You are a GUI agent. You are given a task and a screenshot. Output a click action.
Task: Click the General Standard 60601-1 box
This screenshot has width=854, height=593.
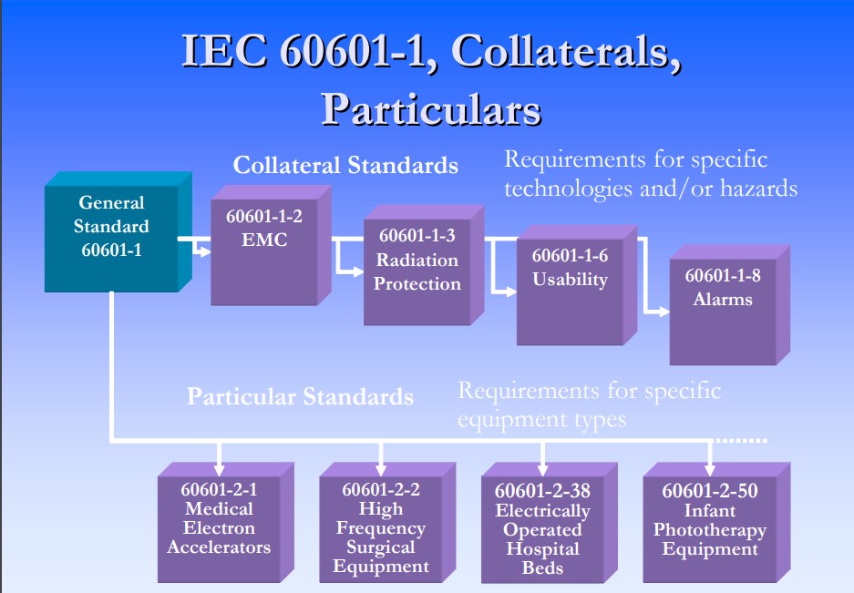click(118, 232)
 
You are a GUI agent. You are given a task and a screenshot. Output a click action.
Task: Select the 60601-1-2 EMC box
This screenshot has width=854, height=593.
click(272, 245)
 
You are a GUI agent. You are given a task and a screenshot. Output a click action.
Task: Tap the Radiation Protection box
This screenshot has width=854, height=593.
click(424, 265)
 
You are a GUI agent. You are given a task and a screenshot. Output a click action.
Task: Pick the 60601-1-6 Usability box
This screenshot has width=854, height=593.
click(577, 285)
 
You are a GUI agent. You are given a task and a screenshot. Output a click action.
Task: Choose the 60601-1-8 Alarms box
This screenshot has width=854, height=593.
click(730, 305)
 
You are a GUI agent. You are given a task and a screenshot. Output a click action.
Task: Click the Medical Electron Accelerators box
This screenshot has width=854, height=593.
click(226, 523)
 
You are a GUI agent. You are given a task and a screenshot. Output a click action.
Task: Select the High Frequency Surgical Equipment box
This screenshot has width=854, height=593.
click(387, 523)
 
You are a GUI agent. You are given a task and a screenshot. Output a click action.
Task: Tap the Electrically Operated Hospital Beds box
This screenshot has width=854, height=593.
click(550, 523)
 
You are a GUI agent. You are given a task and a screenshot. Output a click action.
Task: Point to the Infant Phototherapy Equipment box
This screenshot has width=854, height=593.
click(716, 523)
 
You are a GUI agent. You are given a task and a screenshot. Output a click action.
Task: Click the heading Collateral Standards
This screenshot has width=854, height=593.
click(345, 165)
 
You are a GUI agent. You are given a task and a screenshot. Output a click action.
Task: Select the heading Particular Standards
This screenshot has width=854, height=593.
click(300, 396)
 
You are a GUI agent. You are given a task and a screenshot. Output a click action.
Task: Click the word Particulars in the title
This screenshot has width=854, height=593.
click(431, 109)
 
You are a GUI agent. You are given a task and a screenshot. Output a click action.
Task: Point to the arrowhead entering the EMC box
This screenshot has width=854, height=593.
click(204, 251)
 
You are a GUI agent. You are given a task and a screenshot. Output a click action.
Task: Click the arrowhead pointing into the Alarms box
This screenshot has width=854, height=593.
click(664, 312)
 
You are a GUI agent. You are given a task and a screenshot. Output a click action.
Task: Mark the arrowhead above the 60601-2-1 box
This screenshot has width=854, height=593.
click(219, 469)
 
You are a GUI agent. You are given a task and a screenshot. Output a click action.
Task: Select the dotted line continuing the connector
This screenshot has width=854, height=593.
click(740, 440)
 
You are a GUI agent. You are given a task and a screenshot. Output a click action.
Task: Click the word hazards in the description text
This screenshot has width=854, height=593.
click(758, 189)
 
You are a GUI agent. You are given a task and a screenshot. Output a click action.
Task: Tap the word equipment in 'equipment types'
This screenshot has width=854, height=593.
click(504, 420)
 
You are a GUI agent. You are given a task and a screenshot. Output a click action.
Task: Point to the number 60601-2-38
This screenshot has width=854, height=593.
click(542, 491)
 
